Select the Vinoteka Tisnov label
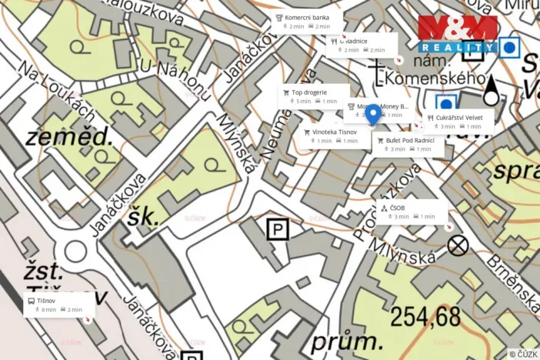[333, 135]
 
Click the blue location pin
[373, 115]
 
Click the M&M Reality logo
[457, 34]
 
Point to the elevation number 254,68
[425, 315]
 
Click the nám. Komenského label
[435, 79]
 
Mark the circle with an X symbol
[458, 245]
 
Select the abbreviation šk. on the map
[144, 217]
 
